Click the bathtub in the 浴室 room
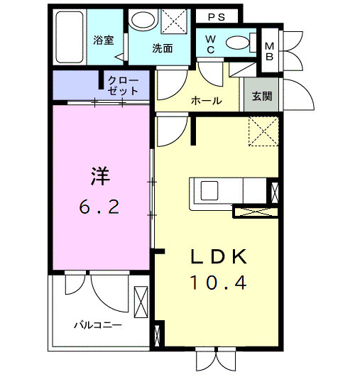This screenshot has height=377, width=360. pyautogui.click(x=70, y=37)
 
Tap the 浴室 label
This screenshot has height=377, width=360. pyautogui.click(x=104, y=40)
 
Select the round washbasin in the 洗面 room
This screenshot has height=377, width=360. pyautogui.click(x=143, y=20)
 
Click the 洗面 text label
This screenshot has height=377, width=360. pyautogui.click(x=163, y=48)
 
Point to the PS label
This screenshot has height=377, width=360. pyautogui.click(x=217, y=17)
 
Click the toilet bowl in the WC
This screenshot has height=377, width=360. pyautogui.click(x=237, y=43)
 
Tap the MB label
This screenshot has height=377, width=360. pyautogui.click(x=270, y=51)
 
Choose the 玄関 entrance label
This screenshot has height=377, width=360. pyautogui.click(x=262, y=96)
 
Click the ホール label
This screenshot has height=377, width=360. pyautogui.click(x=207, y=101)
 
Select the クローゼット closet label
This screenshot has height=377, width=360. pyautogui.click(x=123, y=86)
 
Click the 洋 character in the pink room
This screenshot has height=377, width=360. pyautogui.click(x=100, y=176)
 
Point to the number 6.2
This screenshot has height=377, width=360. pyautogui.click(x=99, y=207)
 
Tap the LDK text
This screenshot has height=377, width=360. pyautogui.click(x=219, y=257)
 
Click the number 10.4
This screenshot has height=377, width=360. pyautogui.click(x=219, y=283)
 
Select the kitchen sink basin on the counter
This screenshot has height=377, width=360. pyautogui.click(x=209, y=191)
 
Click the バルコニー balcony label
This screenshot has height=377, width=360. pyautogui.click(x=98, y=326)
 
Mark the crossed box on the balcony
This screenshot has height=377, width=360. pyautogui.click(x=141, y=302)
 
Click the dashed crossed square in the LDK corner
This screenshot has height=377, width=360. pyautogui.click(x=263, y=131)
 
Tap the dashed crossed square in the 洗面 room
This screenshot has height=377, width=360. pyautogui.click(x=174, y=21)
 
